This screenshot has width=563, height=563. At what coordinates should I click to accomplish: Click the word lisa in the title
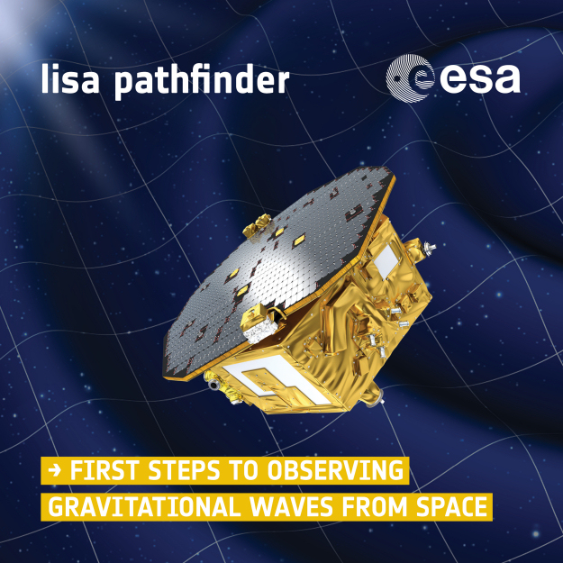(x=70, y=78)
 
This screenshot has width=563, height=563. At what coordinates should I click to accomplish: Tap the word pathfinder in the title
(x=202, y=81)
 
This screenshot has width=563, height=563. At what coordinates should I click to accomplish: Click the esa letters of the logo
(x=480, y=78)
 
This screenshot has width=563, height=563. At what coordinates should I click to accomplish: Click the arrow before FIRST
(x=55, y=470)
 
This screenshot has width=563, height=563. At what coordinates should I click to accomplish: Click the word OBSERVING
(x=335, y=470)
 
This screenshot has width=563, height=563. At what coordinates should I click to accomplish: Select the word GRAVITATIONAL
(x=142, y=507)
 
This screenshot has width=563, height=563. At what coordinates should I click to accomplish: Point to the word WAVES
(x=291, y=507)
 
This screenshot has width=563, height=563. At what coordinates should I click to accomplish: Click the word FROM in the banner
(x=375, y=507)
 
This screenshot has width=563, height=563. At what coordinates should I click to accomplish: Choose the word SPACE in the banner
(x=451, y=507)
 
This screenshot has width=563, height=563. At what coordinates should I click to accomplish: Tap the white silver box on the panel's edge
(x=260, y=331)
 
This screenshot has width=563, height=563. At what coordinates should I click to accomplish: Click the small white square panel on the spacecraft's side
(x=386, y=261)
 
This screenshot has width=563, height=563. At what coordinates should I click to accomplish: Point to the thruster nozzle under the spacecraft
(x=376, y=395)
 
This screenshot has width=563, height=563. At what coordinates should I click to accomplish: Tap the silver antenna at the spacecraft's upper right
(x=430, y=247)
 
